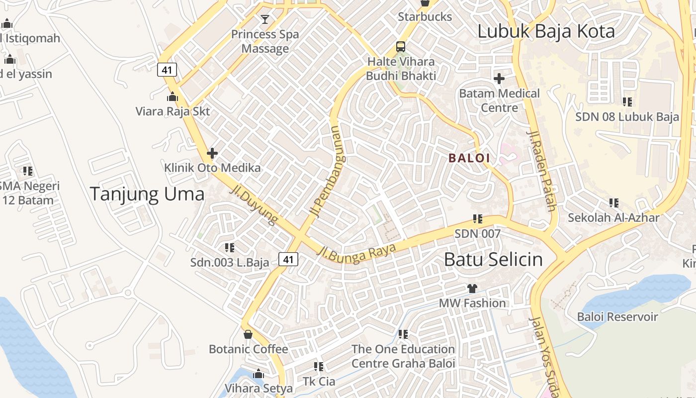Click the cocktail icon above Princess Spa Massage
(x=265, y=19)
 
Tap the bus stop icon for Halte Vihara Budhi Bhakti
(x=401, y=47)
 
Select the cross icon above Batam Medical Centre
(x=499, y=79)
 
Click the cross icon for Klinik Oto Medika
(x=212, y=153)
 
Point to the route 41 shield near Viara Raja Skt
(x=167, y=70)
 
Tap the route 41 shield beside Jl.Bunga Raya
(x=288, y=259)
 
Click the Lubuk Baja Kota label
(x=546, y=31)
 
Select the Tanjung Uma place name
(x=147, y=194)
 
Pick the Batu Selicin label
(x=493, y=259)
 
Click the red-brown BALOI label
(x=469, y=158)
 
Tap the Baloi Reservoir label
(x=617, y=317)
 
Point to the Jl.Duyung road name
(x=254, y=206)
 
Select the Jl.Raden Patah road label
(x=541, y=171)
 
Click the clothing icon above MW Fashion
(x=472, y=289)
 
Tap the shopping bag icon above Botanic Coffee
(x=248, y=334)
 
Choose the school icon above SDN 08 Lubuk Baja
(x=627, y=102)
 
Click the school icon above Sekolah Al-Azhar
(x=614, y=203)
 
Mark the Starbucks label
(x=425, y=17)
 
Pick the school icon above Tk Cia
(x=319, y=367)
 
